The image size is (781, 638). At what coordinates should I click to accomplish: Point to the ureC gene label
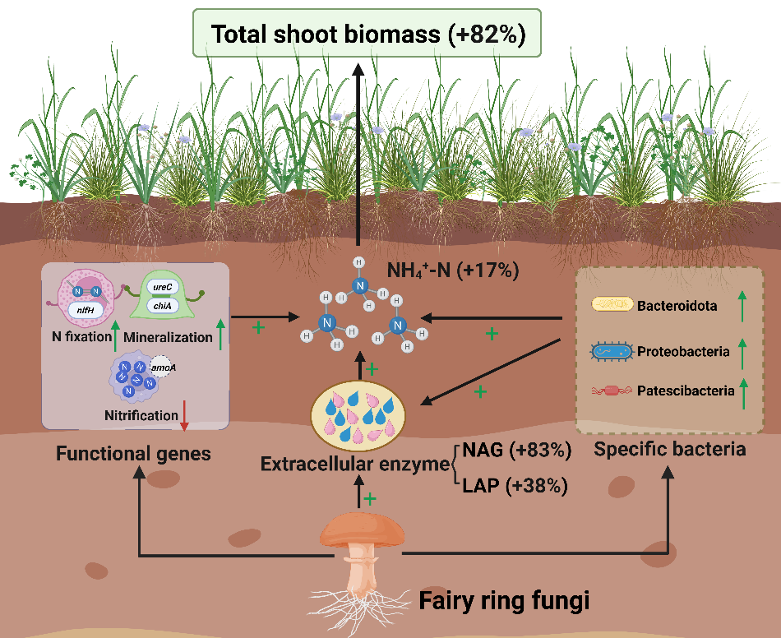coord(161,290)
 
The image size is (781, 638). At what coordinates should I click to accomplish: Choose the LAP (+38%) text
coord(515,486)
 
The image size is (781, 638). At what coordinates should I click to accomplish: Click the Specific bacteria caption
coord(670,450)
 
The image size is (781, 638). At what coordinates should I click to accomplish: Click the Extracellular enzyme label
coord(354,465)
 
